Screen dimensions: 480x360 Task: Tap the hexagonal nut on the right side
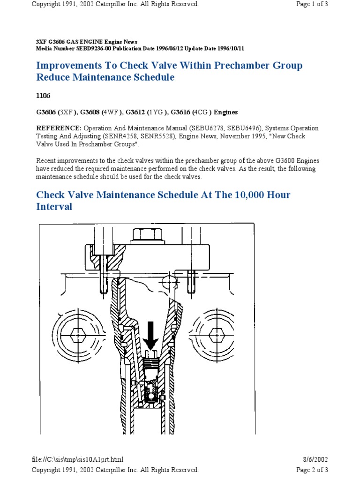pyautogui.click(x=216, y=336)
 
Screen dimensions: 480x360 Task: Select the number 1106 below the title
pyautogui.click(x=43, y=95)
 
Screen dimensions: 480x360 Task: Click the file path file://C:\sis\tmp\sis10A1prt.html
pyautogui.click(x=80, y=460)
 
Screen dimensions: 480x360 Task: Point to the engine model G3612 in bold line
pyautogui.click(x=136, y=112)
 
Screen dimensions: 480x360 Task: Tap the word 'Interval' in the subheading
pyautogui.click(x=54, y=207)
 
